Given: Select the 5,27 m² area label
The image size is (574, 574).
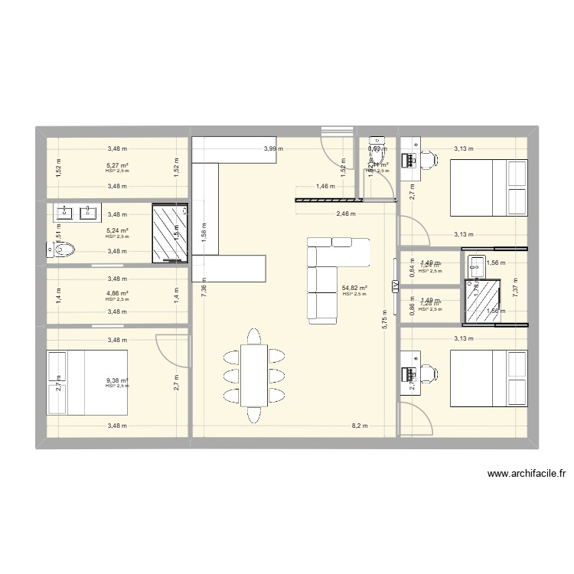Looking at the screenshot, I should pos(117,165).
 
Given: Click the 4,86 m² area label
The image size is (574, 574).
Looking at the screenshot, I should pos(117,293).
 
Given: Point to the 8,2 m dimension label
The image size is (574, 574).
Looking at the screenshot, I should pos(360,426).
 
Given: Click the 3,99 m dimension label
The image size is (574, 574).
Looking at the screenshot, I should pos(273,149).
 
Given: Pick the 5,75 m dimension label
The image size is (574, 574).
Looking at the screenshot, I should pos(385,318).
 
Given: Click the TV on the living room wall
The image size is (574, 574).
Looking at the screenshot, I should pos(395,285).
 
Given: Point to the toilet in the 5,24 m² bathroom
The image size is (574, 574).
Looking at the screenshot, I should pos(63,249).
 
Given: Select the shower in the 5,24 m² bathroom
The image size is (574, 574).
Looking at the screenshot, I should pos(169,233).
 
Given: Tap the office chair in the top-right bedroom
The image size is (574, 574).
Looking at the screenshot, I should pos(429,159).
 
